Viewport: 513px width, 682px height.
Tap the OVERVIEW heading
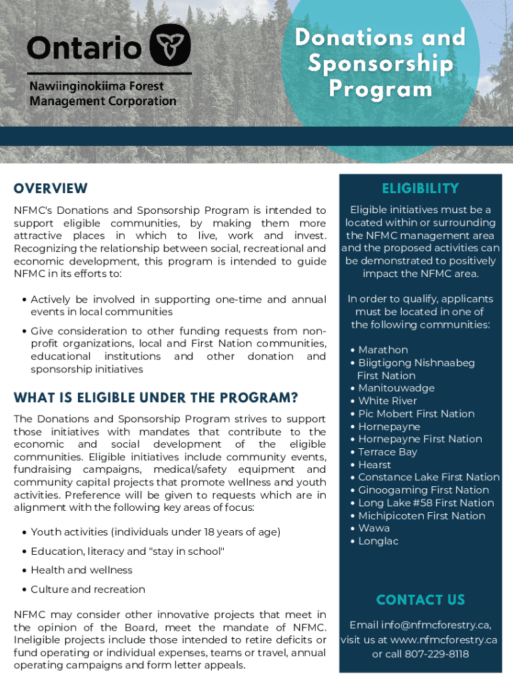click(51, 188)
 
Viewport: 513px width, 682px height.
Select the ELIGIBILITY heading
click(420, 188)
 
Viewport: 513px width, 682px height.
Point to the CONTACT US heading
click(420, 600)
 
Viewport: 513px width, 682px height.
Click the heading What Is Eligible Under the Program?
click(156, 398)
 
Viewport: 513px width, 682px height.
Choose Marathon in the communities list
click(383, 350)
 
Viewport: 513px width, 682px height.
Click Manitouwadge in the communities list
click(396, 388)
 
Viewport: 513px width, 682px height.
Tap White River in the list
click(387, 401)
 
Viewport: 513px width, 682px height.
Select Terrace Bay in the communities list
click(388, 452)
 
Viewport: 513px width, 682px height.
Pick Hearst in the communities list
click(374, 465)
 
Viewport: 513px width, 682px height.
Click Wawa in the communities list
click(374, 529)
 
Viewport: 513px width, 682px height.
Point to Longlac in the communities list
click(378, 541)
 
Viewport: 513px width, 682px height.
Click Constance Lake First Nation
click(428, 478)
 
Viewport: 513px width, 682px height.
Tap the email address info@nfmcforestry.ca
click(436, 625)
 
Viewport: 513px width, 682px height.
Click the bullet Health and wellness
click(81, 570)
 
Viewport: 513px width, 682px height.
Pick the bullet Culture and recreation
click(87, 589)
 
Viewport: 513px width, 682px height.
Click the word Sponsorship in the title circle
click(380, 64)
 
